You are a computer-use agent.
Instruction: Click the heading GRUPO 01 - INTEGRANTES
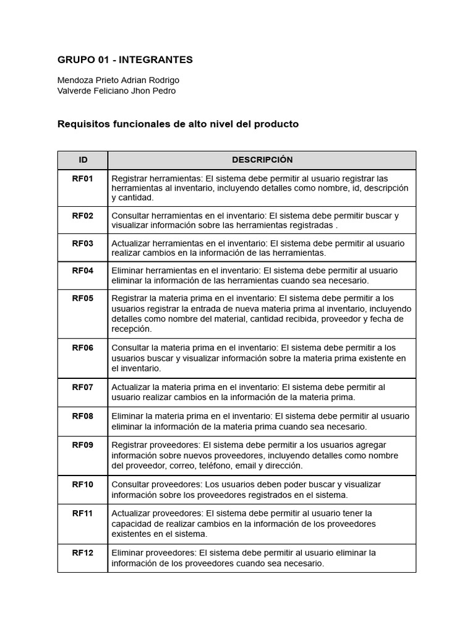(125, 60)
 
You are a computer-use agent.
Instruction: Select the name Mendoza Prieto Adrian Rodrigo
(118, 80)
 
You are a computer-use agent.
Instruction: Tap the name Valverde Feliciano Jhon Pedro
(116, 91)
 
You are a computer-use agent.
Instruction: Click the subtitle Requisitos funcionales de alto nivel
(178, 124)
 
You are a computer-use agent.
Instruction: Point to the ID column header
(83, 160)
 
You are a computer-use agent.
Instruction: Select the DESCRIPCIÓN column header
(262, 160)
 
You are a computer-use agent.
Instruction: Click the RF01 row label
(83, 179)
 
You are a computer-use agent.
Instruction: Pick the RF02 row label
(83, 216)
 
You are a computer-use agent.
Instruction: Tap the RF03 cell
(83, 243)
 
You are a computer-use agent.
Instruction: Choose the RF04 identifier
(83, 271)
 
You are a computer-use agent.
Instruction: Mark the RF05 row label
(83, 298)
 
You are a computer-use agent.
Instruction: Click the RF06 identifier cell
(83, 348)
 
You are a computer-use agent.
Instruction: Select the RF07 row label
(83, 388)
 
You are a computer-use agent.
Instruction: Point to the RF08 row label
(83, 416)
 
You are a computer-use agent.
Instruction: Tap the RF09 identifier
(83, 445)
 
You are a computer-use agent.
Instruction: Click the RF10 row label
(83, 485)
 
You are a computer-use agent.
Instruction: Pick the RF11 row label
(83, 513)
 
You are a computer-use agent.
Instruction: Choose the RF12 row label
(83, 553)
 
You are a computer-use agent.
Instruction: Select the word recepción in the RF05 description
(131, 329)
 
